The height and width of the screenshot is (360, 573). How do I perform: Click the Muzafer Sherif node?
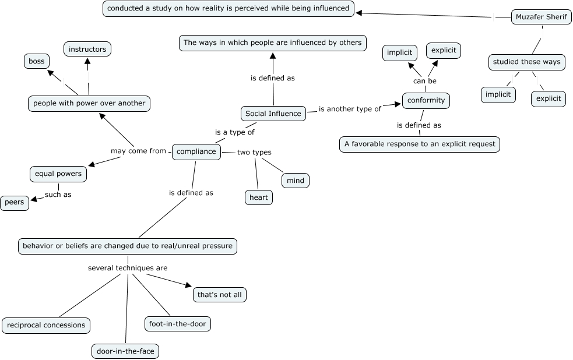tap(541, 17)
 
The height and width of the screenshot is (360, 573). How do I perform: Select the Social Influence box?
tap(273, 114)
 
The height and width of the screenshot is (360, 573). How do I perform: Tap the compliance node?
tap(196, 151)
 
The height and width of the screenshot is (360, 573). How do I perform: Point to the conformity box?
tap(426, 100)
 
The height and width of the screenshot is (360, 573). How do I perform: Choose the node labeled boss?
tap(37, 61)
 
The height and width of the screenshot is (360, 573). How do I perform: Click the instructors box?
tap(87, 50)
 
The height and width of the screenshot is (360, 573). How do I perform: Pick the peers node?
tap(15, 203)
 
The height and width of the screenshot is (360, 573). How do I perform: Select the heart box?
tap(259, 197)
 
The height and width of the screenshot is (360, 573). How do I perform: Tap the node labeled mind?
tap(296, 181)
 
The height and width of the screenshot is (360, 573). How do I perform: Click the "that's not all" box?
tap(219, 295)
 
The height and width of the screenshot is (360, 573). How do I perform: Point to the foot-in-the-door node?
tap(177, 323)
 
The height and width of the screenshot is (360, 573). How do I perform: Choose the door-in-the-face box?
tap(125, 351)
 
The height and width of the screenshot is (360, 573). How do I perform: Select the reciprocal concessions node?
tap(46, 325)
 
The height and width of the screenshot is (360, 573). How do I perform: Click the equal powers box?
tap(58, 174)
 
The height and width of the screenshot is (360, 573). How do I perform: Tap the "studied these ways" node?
tap(526, 62)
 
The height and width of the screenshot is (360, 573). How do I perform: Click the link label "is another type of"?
tap(350, 109)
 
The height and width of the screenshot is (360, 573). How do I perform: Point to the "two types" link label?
tap(254, 153)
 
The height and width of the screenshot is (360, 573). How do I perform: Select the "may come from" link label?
tap(138, 151)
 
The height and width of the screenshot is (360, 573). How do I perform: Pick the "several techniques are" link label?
tap(128, 268)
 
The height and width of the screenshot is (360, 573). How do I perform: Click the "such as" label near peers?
tap(58, 195)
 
